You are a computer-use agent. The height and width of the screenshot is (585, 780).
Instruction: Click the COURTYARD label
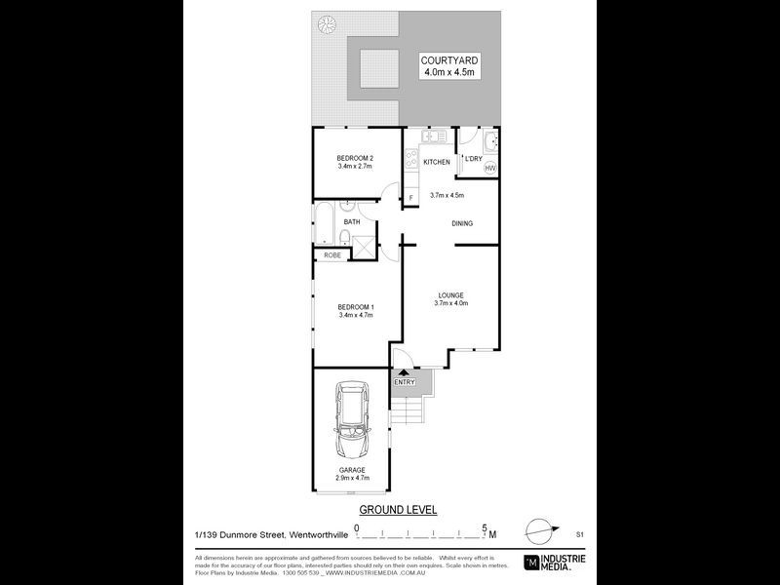click(x=449, y=59)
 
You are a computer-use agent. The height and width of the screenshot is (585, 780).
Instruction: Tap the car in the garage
click(x=349, y=422)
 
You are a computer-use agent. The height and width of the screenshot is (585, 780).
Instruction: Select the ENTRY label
click(x=404, y=381)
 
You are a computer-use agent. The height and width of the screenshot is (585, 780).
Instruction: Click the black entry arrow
click(x=404, y=371)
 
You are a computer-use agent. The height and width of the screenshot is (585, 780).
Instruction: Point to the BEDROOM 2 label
click(x=355, y=158)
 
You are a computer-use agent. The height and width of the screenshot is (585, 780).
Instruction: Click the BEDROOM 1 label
click(x=356, y=307)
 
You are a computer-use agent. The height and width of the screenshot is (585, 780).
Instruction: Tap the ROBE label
click(x=331, y=255)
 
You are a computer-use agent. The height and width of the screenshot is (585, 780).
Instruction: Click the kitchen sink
click(x=433, y=136)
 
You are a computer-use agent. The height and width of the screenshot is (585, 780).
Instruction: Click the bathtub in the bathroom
click(x=324, y=222)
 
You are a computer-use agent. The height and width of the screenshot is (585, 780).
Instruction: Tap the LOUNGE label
click(x=450, y=295)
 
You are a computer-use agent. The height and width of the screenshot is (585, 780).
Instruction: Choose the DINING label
click(x=462, y=223)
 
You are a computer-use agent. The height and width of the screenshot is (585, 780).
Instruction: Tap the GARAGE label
click(x=352, y=470)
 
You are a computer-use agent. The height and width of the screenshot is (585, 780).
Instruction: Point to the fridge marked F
click(x=410, y=198)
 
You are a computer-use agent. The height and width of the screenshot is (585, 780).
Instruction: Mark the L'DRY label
click(x=473, y=158)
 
